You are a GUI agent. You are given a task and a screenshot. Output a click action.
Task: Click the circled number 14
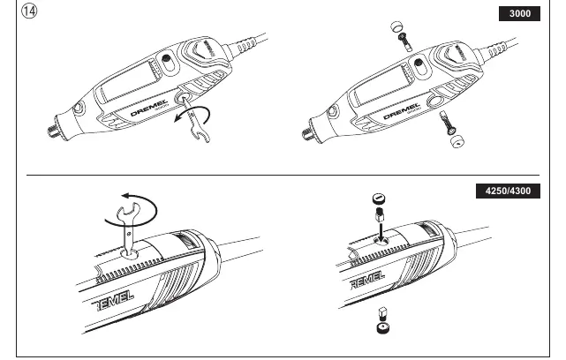coord(29,11)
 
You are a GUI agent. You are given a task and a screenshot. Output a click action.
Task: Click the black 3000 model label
coord(519,14)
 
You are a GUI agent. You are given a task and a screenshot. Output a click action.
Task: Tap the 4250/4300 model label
coord(508,191)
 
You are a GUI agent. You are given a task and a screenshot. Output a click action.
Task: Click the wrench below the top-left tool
coord(195,121)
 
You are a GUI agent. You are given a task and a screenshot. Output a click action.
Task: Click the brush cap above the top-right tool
coord(396,26)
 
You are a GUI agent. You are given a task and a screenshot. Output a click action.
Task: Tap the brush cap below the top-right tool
coord(457,141)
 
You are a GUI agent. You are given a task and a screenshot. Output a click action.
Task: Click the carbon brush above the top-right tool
coord(404,41)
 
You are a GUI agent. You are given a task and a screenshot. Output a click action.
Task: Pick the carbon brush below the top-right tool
coord(446,123)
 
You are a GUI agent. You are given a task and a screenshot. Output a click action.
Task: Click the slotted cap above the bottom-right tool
coord(379,199)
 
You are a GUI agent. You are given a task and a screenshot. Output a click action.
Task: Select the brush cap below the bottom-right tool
coord(382,328)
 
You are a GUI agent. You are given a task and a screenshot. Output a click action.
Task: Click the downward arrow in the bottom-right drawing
coord(381,231)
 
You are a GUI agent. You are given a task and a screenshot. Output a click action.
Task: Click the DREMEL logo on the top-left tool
coord(149,108)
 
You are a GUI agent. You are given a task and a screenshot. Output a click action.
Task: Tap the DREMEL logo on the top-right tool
coord(402,111)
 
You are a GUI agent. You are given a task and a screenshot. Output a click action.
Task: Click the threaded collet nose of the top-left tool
coord(54,131)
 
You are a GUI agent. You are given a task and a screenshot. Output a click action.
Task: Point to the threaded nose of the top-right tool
coord(308,134)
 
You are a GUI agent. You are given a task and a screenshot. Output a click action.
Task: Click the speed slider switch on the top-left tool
coord(167,63)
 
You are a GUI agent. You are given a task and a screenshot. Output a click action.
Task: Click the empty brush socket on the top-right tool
coord(434,101)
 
